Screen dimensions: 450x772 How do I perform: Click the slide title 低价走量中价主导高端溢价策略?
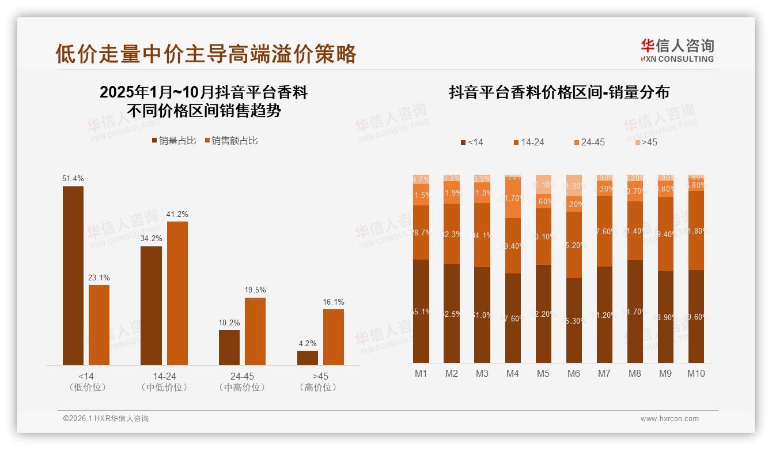[206, 54]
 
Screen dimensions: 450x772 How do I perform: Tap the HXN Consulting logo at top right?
[677, 51]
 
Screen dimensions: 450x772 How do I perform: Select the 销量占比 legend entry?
[173, 141]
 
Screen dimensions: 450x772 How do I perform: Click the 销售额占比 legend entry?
[231, 141]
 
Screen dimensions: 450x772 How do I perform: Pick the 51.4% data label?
[73, 179]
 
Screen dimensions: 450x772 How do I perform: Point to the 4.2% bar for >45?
[308, 358]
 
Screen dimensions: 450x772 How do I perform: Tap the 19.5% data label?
[255, 290]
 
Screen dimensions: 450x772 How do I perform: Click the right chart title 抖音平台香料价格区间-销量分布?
[559, 93]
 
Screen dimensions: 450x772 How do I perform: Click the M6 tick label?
[573, 374]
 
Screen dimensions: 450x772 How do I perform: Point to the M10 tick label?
[696, 374]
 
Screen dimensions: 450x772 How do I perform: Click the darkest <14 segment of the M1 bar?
[421, 312]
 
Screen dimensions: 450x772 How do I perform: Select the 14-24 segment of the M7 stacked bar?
[604, 231]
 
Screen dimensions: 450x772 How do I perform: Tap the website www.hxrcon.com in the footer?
[669, 419]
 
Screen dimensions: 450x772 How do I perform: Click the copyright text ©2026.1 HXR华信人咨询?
[105, 419]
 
